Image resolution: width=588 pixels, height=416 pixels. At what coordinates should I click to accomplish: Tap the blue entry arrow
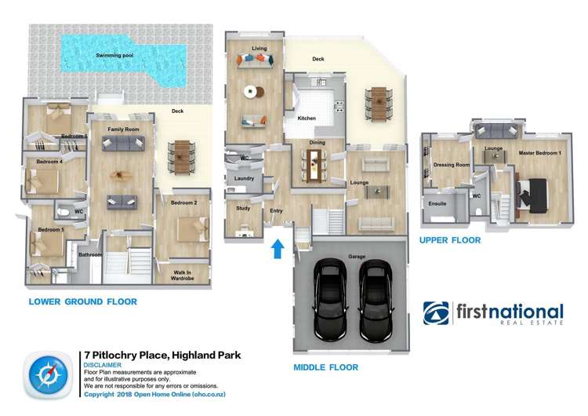(276, 248)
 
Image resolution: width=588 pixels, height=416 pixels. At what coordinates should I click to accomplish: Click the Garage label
(350, 257)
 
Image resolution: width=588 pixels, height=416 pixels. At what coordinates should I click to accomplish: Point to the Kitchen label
(307, 118)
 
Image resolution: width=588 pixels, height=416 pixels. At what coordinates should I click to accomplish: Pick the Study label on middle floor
(242, 208)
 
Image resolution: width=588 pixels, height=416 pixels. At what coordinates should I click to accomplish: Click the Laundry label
(244, 178)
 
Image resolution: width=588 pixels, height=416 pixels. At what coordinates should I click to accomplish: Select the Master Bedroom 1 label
(539, 152)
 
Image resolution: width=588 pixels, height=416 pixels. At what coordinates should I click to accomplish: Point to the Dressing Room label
(453, 165)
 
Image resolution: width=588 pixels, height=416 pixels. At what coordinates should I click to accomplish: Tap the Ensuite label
(437, 203)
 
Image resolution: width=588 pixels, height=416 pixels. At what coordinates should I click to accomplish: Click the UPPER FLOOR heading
(450, 240)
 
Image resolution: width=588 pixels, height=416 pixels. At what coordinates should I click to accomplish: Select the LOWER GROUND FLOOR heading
(82, 301)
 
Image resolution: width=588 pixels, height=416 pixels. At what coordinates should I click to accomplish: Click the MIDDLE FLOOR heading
(325, 367)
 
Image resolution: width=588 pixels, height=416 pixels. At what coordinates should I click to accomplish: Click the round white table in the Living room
(250, 91)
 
